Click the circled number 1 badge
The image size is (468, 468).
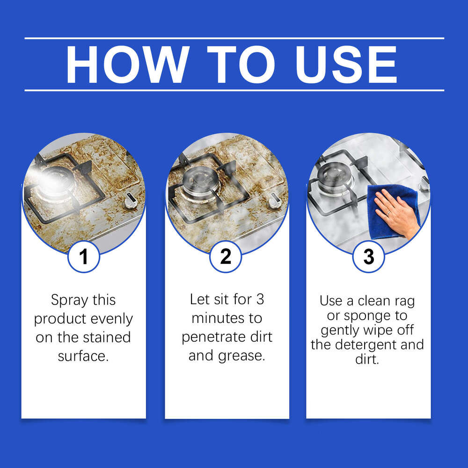point(84,257)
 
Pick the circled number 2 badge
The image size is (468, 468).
point(226,257)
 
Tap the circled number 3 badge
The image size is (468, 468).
point(368,257)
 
